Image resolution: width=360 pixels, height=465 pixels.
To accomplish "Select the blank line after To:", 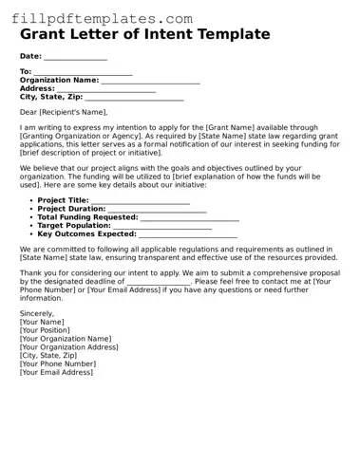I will tap(83, 73).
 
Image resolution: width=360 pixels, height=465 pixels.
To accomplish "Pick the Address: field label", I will tap(38, 88).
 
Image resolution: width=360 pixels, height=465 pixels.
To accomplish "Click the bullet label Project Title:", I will tap(63, 201).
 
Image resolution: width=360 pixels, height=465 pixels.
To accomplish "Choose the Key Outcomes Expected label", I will tap(86, 233).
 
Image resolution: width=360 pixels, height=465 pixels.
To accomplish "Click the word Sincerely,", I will tap(37, 313).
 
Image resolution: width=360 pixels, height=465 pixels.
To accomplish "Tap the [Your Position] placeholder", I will tap(46, 330).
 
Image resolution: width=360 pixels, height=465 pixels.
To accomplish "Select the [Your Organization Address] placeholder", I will tap(68, 347).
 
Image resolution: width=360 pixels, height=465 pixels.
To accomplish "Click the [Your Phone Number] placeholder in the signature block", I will tap(57, 363).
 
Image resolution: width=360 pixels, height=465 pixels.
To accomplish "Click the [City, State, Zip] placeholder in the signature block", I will tap(54, 356).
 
